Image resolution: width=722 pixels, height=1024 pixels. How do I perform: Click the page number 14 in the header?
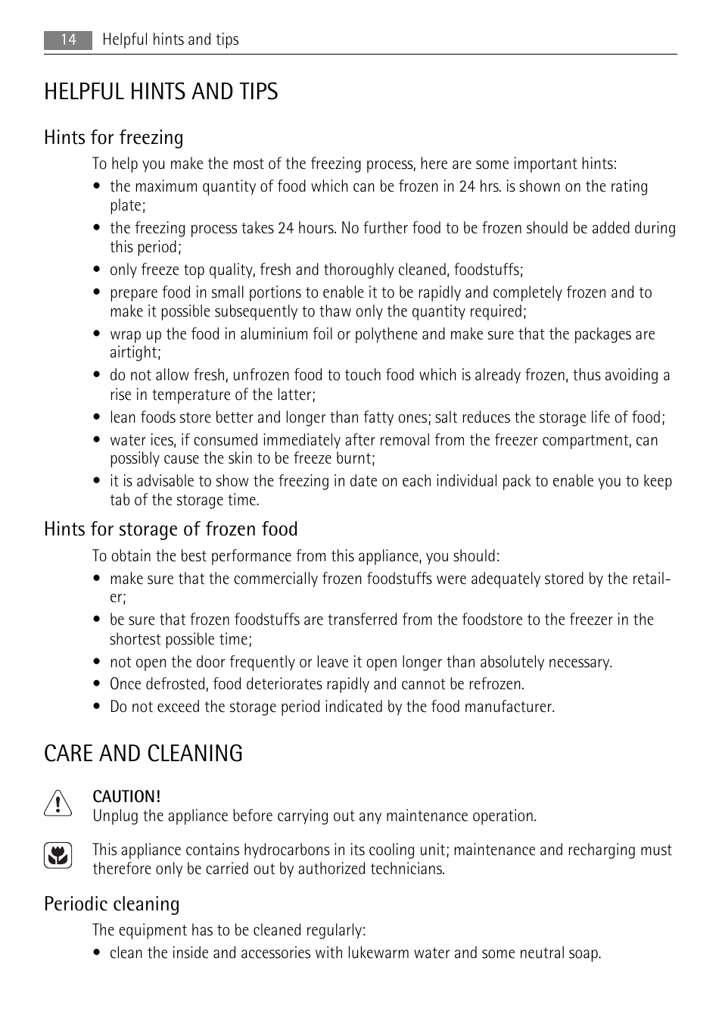(x=68, y=40)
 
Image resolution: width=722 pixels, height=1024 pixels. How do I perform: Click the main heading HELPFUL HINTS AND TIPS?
(x=161, y=92)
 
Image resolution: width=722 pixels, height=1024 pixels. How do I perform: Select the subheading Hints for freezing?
(x=114, y=138)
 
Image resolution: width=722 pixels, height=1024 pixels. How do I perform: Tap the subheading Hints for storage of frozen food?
(x=171, y=529)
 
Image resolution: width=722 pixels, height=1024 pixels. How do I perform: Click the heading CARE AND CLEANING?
(x=144, y=754)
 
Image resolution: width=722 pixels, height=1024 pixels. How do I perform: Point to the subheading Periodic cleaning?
(x=112, y=904)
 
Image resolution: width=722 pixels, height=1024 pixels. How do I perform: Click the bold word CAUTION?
(x=126, y=797)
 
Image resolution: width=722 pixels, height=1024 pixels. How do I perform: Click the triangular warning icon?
(x=58, y=803)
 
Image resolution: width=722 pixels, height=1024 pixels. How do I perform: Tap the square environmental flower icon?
(x=58, y=856)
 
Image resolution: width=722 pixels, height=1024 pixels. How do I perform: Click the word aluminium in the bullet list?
(x=271, y=335)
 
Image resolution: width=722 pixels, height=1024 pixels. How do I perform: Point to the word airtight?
(x=134, y=353)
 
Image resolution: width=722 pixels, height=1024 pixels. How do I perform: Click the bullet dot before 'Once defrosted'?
(x=97, y=685)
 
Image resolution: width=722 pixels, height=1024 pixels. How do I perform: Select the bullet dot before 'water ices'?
(x=97, y=441)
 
